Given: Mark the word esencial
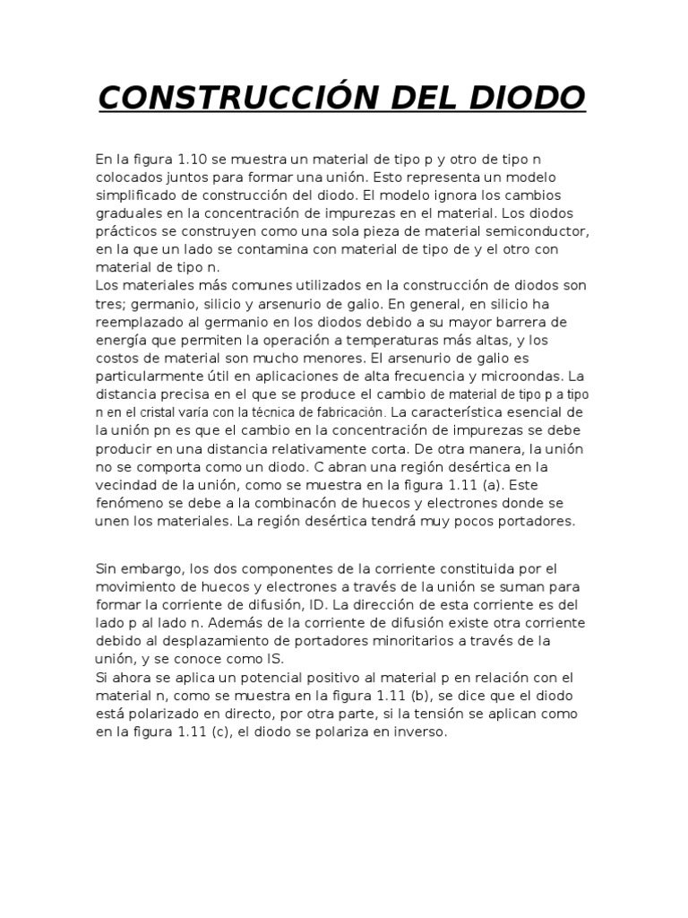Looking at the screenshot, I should (546, 411).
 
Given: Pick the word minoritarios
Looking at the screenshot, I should (451, 641).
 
